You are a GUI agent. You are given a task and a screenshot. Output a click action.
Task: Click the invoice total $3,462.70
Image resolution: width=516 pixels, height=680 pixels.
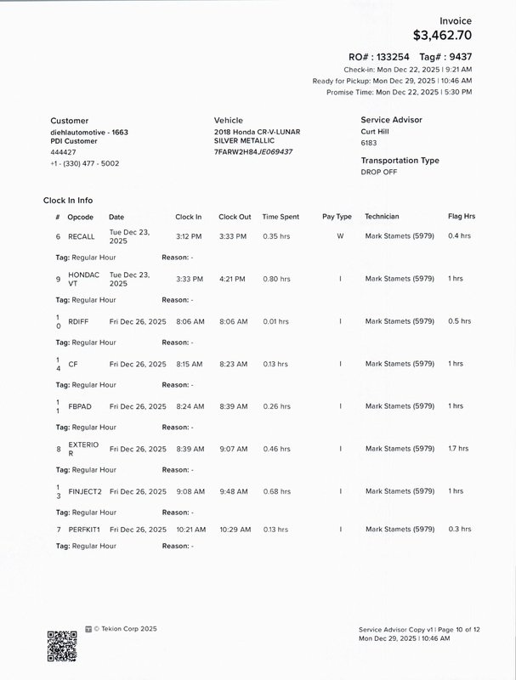pyautogui.click(x=442, y=36)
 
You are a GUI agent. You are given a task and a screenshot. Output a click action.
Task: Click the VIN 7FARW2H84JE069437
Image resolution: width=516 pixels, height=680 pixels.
pyautogui.click(x=253, y=151)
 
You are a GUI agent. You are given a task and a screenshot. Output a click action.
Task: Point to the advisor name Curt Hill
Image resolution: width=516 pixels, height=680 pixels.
pyautogui.click(x=378, y=132)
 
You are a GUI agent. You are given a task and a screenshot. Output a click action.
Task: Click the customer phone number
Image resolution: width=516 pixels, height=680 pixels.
pyautogui.click(x=85, y=163)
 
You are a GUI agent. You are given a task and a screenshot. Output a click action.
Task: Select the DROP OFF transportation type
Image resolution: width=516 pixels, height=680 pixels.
pyautogui.click(x=379, y=172)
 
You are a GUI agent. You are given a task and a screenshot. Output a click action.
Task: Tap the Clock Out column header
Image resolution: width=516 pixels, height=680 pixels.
pyautogui.click(x=235, y=217)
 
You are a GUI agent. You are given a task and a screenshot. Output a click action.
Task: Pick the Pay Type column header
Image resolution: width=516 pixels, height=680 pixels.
pyautogui.click(x=337, y=217)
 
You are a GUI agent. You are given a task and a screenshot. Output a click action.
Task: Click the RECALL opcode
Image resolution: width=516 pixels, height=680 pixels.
pyautogui.click(x=82, y=236)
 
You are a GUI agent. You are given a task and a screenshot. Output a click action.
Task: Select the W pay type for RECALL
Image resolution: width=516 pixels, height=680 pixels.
pyautogui.click(x=340, y=236)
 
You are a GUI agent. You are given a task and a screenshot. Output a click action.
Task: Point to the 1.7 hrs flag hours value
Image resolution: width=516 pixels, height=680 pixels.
pyautogui.click(x=458, y=449)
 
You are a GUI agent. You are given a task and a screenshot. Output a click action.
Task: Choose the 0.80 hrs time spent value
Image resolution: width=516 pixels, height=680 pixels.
pyautogui.click(x=276, y=279)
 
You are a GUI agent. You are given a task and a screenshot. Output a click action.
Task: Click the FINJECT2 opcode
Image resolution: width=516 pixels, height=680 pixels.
pyautogui.click(x=85, y=491)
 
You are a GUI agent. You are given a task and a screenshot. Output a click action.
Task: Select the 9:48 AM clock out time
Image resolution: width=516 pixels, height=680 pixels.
pyautogui.click(x=233, y=491)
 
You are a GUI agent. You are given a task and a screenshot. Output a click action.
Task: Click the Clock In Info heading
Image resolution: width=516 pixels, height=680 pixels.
pyautogui.click(x=68, y=201)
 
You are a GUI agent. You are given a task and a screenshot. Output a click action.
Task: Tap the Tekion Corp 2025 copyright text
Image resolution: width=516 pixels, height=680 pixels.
pyautogui.click(x=125, y=629)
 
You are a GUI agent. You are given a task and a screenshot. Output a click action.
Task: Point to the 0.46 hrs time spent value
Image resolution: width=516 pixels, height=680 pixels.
pyautogui.click(x=276, y=449)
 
